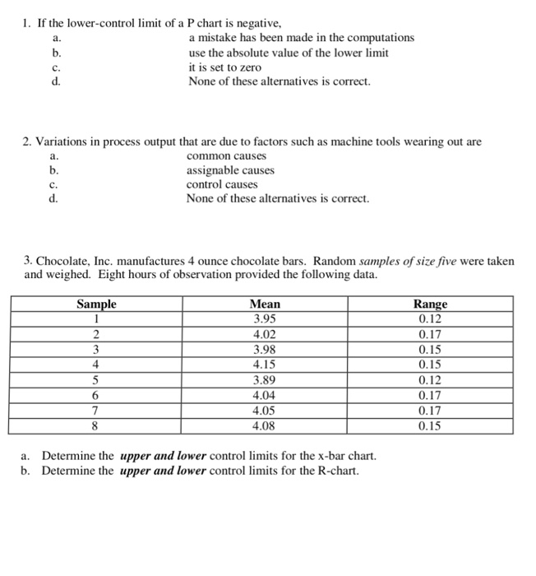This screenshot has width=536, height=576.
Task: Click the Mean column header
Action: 264,304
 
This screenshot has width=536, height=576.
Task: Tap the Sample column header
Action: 96,304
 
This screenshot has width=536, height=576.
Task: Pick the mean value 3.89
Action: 264,380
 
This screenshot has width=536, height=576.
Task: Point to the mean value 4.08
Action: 264,426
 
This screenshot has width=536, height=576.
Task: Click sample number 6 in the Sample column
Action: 96,396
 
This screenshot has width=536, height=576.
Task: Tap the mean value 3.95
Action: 264,319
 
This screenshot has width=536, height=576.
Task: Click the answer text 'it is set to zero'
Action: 224,67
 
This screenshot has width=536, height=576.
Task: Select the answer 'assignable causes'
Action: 230,170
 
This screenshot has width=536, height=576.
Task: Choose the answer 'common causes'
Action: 227,156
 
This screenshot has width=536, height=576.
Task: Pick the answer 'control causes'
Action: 222,184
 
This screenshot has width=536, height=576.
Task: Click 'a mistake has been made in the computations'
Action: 301,38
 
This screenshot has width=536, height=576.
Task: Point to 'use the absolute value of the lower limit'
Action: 289,53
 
